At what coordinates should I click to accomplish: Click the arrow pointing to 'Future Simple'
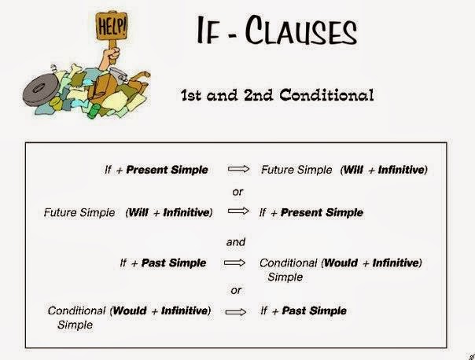tap(237, 169)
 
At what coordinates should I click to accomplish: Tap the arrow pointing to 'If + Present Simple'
tap(237, 212)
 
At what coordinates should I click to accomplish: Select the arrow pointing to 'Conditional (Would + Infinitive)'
tap(237, 263)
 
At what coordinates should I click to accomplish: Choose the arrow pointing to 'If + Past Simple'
tap(237, 311)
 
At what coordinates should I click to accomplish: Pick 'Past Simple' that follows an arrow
tap(314, 310)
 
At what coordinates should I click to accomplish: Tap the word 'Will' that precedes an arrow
tap(138, 212)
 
